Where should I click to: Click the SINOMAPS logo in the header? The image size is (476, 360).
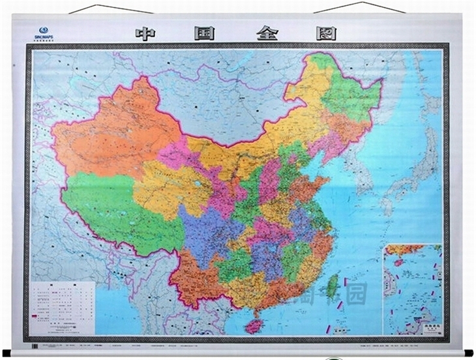click(44, 32)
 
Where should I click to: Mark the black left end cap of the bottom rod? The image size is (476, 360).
click(7, 353)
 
